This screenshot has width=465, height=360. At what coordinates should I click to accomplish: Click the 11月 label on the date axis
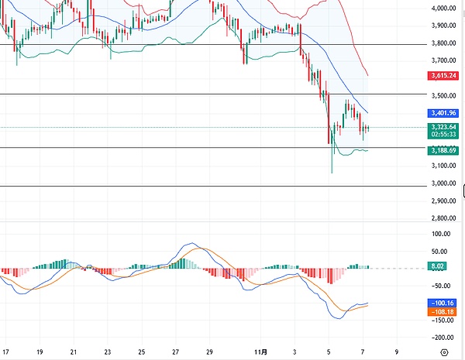tap(263, 351)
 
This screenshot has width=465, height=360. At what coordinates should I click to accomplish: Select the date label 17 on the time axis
tap(5, 351)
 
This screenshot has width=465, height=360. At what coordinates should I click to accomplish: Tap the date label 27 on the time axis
tap(176, 351)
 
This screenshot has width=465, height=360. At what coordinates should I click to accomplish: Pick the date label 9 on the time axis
tap(396, 351)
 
